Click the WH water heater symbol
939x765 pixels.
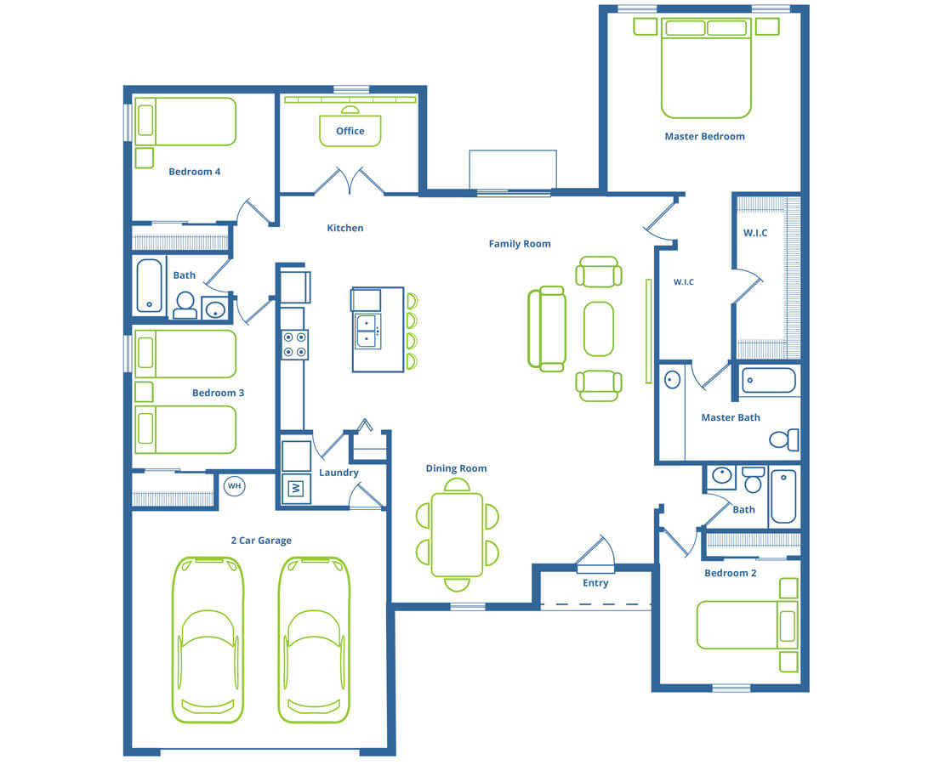tap(234, 485)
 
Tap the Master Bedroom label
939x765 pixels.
tap(704, 137)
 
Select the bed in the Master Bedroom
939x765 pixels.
tap(706, 68)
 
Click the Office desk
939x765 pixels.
tap(350, 131)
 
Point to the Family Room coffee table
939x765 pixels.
tap(598, 329)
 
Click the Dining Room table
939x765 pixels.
tap(457, 535)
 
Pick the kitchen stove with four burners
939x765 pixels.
tap(294, 344)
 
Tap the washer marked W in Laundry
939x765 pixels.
tap(296, 489)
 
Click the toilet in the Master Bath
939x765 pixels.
tap(784, 439)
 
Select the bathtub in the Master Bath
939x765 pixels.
tap(769, 380)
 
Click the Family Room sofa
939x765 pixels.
tap(546, 329)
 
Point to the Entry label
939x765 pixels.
tap(595, 583)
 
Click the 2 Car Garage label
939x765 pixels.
tap(261, 541)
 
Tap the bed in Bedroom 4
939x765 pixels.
tap(185, 122)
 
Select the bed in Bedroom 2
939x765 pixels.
tap(748, 625)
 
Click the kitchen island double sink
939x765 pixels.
tap(367, 331)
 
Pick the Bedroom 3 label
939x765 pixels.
tap(218, 394)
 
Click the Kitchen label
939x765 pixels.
tap(345, 228)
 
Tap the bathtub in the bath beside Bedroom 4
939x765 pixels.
tap(149, 286)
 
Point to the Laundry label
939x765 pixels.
tap(339, 473)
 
